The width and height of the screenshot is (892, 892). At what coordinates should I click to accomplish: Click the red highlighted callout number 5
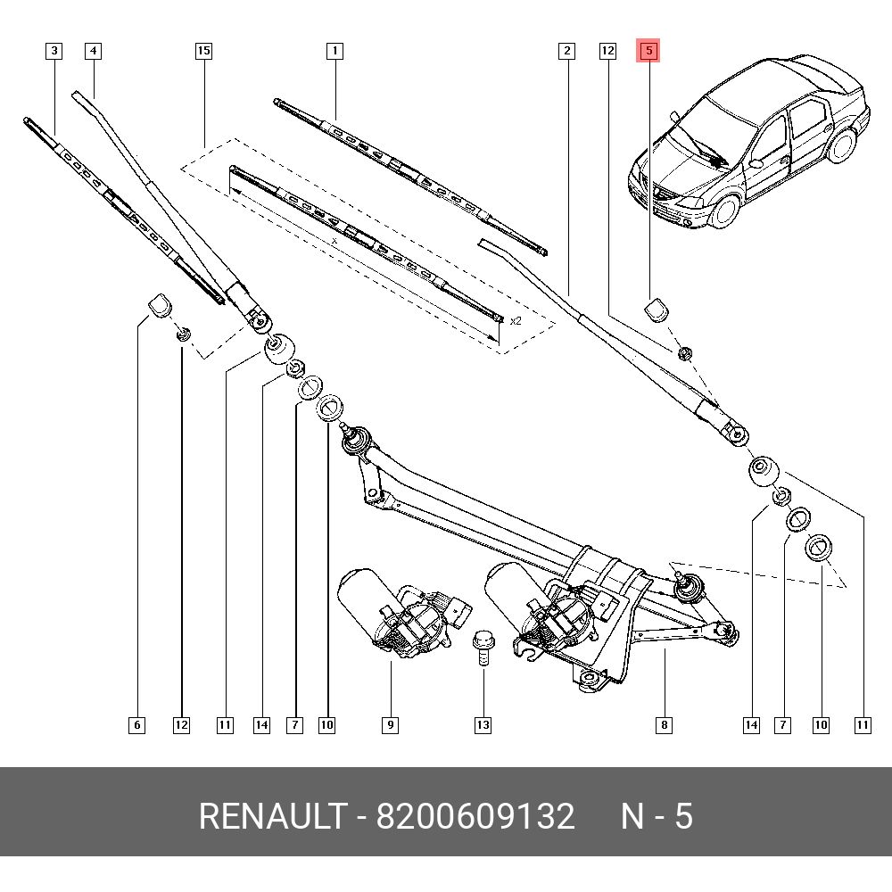[648, 51]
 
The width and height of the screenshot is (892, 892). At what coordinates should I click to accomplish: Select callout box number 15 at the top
[203, 51]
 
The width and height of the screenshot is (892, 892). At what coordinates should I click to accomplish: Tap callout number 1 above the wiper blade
[334, 51]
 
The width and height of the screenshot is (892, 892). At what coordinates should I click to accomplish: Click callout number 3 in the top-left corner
[54, 51]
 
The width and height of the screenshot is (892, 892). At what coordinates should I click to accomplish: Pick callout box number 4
[93, 51]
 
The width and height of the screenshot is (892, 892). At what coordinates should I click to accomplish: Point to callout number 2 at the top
[566, 51]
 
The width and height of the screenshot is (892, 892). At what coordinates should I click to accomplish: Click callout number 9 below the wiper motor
[391, 725]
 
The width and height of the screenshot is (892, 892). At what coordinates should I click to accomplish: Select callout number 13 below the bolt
[483, 725]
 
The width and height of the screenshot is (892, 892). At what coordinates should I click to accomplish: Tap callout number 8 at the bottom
[664, 725]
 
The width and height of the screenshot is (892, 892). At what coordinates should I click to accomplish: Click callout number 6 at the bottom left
[136, 725]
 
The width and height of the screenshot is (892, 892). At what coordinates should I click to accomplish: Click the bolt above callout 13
[482, 646]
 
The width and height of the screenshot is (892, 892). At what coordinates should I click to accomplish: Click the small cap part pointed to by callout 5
[657, 310]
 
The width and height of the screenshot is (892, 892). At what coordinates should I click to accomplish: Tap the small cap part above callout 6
[158, 304]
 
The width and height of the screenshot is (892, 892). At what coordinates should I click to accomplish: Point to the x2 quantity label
[516, 320]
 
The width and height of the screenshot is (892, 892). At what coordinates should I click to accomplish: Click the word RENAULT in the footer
[271, 817]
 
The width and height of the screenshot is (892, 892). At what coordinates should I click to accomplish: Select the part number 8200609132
[475, 817]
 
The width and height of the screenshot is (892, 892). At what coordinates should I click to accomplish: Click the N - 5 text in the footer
[657, 817]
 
